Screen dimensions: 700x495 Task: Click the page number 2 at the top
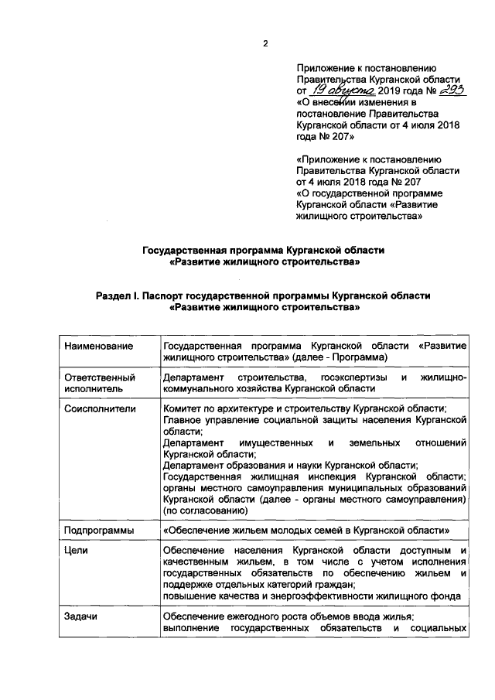[265, 43]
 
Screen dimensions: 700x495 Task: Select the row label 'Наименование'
[97, 345]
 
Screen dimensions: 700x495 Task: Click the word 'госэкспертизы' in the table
[352, 377]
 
